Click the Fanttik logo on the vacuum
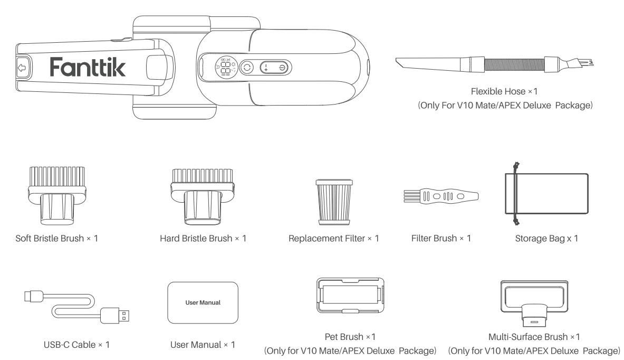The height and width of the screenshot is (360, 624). click(88, 67)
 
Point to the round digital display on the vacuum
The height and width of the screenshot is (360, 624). click(224, 68)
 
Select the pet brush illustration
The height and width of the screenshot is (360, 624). click(346, 300)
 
